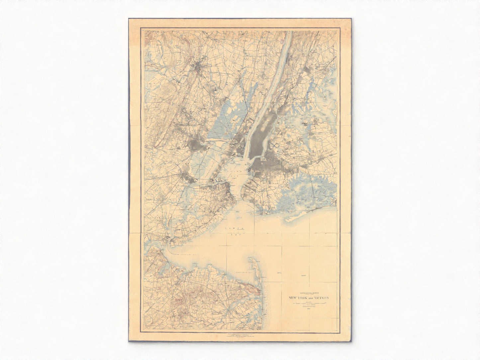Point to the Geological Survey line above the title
(309, 293)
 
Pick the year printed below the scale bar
(309, 309)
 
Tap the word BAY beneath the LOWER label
(236, 235)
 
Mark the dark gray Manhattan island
(259, 139)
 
